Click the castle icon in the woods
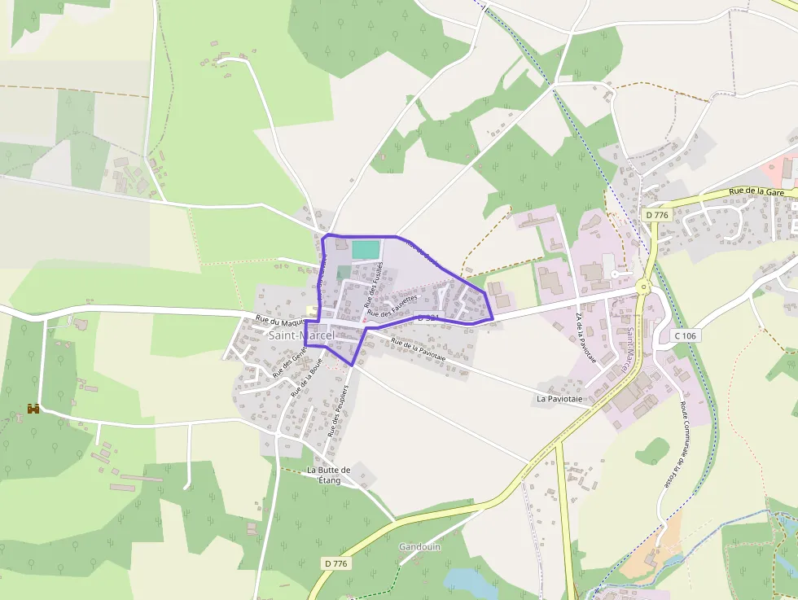tap(33, 409)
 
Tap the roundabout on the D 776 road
tap(644, 286)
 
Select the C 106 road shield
tap(687, 335)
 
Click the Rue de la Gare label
tap(756, 192)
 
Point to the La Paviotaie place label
tap(563, 399)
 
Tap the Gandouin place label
tap(419, 547)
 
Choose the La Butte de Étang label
tap(328, 475)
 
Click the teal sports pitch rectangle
tap(366, 250)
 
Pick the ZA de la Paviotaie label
tap(586, 337)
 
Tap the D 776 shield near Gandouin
tap(336, 563)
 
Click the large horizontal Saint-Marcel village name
tap(301, 335)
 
